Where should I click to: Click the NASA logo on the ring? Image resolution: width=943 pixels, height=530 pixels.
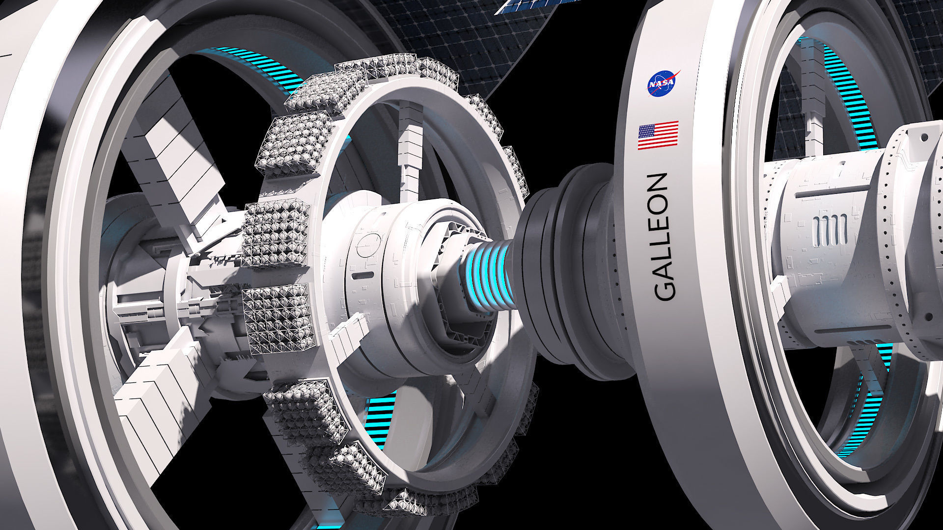(x=663, y=83)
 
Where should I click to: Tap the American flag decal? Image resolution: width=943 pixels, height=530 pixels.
(x=658, y=135)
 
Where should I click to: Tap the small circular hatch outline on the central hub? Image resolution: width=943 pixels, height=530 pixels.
(x=369, y=245)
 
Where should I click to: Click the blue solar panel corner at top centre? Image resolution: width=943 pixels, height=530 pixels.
(x=521, y=7)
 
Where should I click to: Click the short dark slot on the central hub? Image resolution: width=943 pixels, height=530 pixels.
(x=361, y=276)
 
